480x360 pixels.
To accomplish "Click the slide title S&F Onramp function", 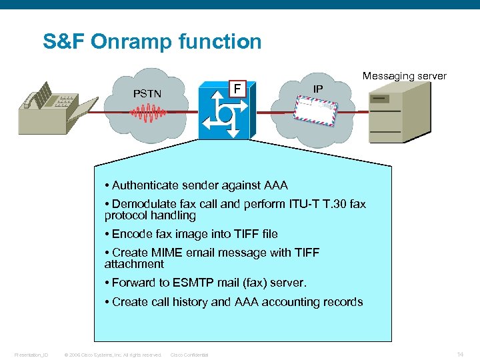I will pyautogui.click(x=152, y=42).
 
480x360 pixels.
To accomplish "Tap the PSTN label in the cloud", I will pyautogui.click(x=147, y=94).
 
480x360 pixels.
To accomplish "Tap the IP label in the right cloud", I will pyautogui.click(x=318, y=88).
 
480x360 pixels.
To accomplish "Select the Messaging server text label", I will pyautogui.click(x=404, y=76).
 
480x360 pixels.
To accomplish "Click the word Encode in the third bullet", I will pyautogui.click(x=131, y=234).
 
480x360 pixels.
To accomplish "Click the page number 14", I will pyautogui.click(x=460, y=353).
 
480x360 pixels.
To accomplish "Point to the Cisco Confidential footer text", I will pyautogui.click(x=189, y=355).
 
